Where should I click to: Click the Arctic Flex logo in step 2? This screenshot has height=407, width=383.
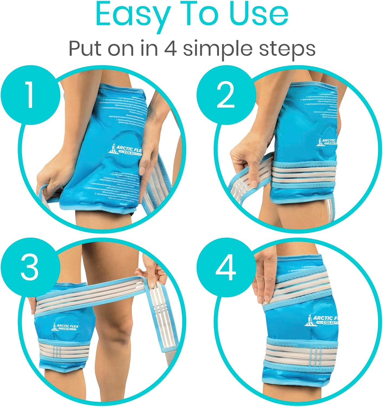click(327, 142)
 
